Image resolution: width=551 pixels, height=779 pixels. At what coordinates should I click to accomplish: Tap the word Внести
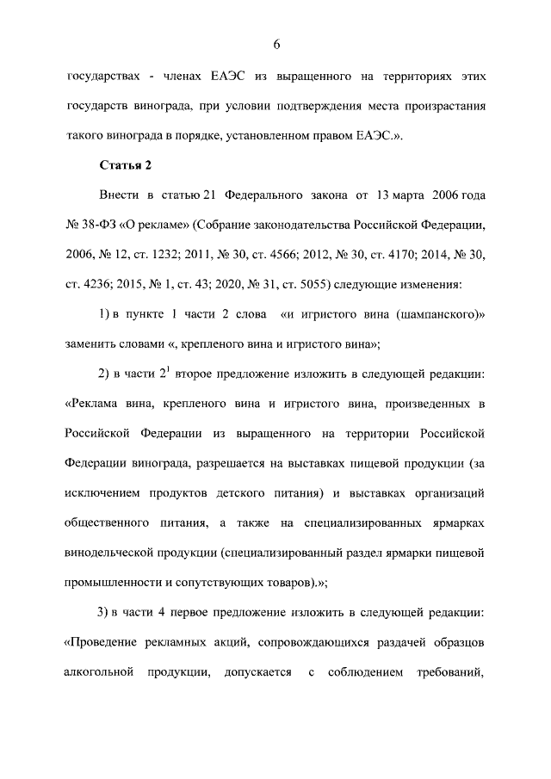119,196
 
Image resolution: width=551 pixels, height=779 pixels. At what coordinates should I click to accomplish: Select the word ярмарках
454,522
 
